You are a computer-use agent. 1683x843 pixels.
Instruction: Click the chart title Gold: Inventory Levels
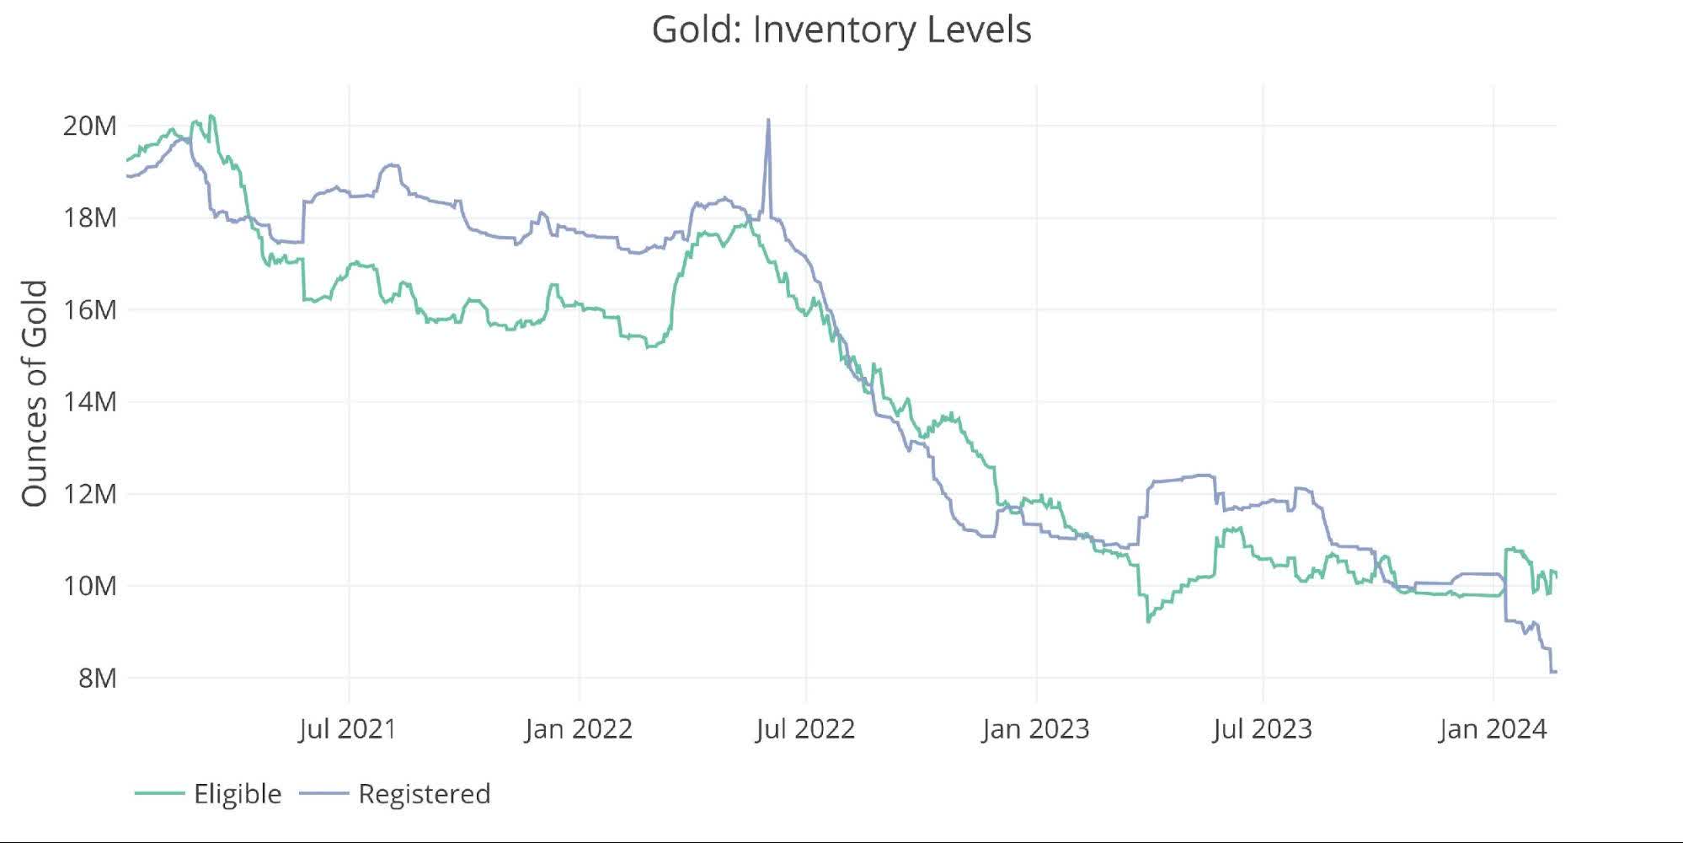(841, 30)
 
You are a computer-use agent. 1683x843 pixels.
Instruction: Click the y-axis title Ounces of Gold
(34, 394)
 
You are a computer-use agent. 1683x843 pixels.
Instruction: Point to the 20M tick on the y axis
(89, 126)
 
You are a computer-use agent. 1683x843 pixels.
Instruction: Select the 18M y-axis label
(89, 218)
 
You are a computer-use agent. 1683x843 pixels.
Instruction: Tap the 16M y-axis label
(89, 310)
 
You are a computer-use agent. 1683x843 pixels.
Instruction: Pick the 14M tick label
(89, 402)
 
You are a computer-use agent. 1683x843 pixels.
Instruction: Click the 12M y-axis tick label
(89, 494)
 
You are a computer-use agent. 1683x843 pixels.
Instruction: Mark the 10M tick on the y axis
(89, 586)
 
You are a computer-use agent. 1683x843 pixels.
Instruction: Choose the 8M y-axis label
(97, 678)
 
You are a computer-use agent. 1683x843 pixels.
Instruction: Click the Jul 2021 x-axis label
(347, 729)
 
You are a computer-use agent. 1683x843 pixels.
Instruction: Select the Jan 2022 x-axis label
(579, 729)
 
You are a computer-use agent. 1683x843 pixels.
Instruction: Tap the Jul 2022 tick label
(805, 729)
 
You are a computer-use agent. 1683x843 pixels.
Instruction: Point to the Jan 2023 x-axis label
(1035, 729)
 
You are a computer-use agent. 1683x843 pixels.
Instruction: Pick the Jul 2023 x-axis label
(1262, 729)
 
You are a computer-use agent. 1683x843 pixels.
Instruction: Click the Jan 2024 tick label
(1493, 729)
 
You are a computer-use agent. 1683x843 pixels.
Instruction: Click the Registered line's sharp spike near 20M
(767, 121)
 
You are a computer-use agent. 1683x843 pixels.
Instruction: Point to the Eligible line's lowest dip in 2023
(1148, 621)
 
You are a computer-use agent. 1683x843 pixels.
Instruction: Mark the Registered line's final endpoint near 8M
(1555, 672)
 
